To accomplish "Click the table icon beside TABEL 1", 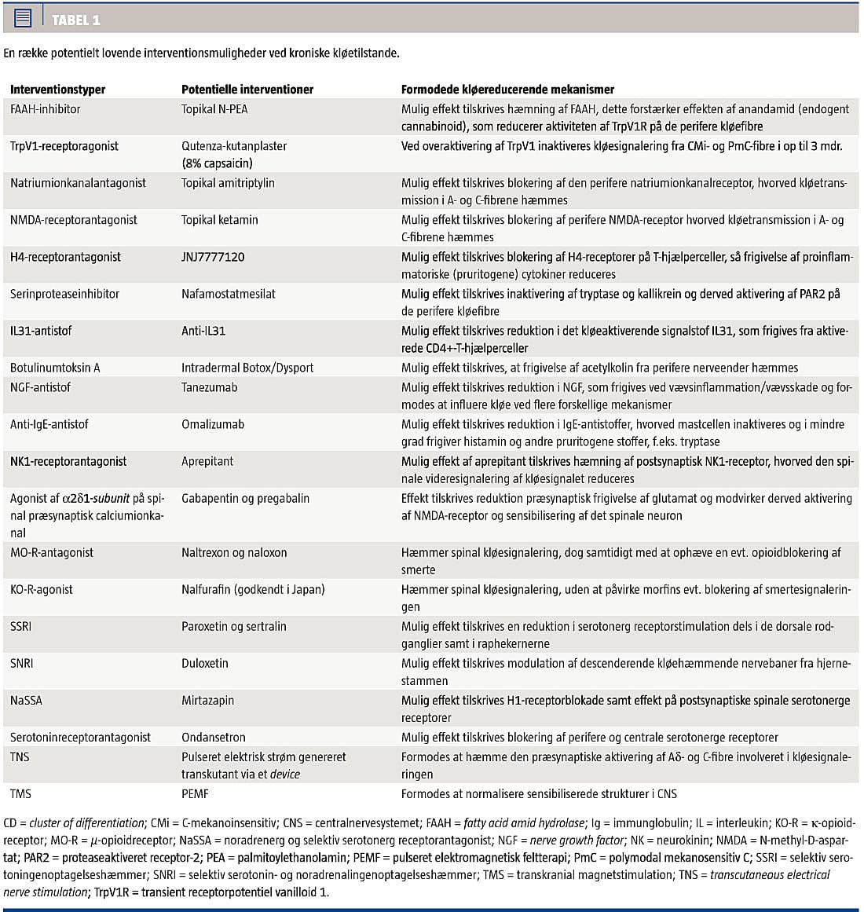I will (x=23, y=18).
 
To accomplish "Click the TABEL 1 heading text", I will (x=75, y=20).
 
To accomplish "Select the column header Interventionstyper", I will (x=57, y=90).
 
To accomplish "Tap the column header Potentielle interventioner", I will (x=247, y=90).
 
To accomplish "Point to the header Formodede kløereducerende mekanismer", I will (x=507, y=90).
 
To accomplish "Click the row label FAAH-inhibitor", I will (x=46, y=109).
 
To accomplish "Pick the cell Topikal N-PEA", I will (x=214, y=109).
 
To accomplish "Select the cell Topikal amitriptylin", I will (x=229, y=183).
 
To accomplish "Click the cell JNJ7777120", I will (x=213, y=257).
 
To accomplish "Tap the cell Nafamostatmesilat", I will (x=229, y=294).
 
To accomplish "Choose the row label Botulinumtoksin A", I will (x=55, y=368).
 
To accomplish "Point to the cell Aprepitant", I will (x=207, y=461).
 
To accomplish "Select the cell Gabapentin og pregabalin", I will (x=245, y=498).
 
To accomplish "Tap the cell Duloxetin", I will (x=205, y=663).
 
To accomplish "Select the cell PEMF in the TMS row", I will (x=195, y=793).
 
